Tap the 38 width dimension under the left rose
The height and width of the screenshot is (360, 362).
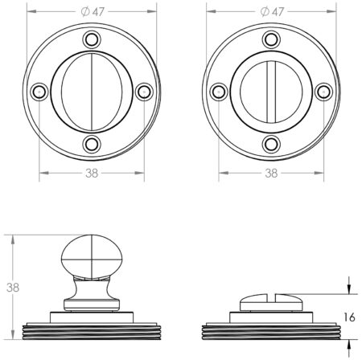point(92,172)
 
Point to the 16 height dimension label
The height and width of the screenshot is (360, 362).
point(349,317)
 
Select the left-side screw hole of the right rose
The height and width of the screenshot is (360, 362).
point(219,91)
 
